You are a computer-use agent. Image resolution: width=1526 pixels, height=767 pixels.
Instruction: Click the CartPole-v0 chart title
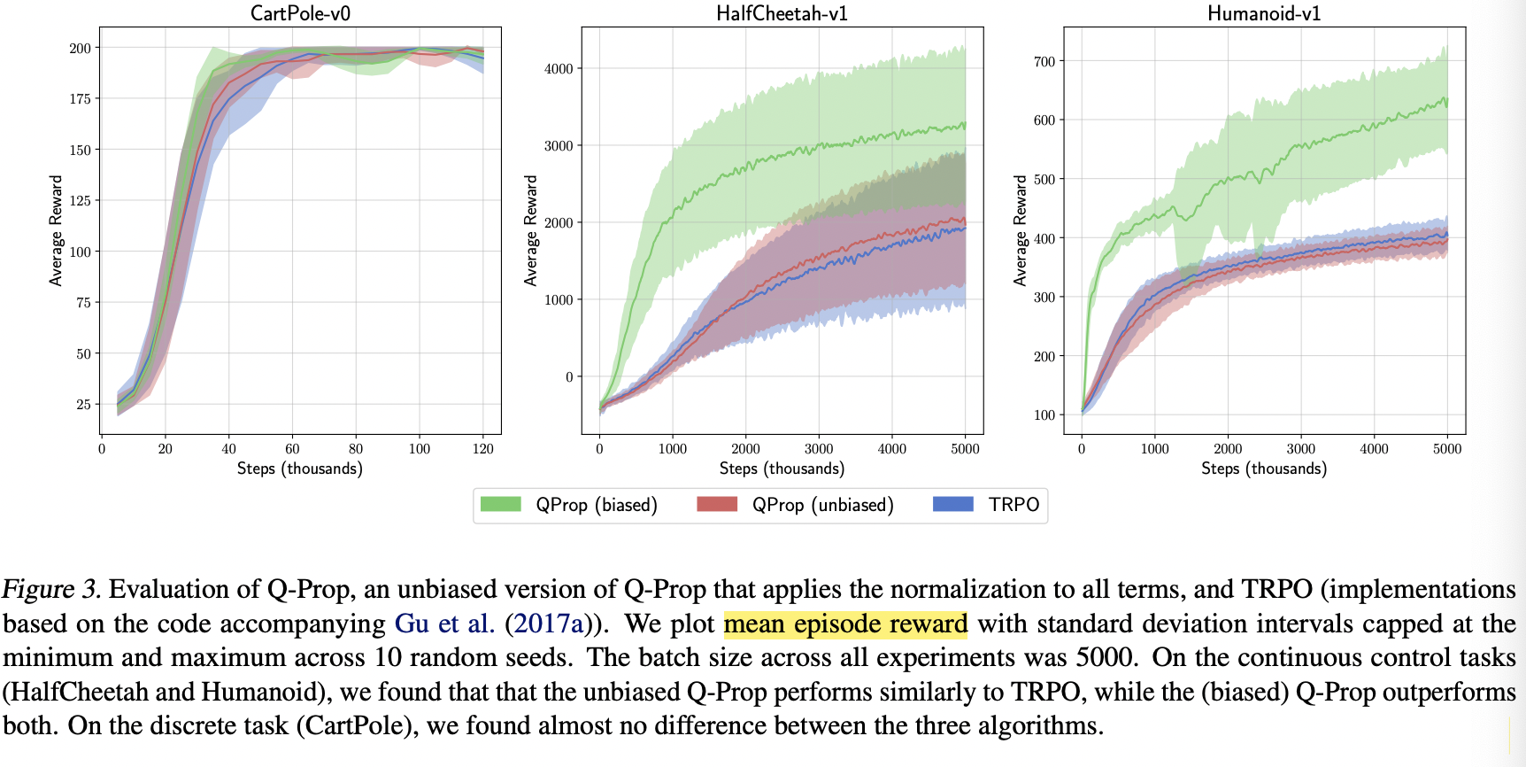300,13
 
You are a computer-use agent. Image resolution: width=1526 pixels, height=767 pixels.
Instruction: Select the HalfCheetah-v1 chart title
782,13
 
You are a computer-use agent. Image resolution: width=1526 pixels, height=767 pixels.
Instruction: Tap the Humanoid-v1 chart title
1263,13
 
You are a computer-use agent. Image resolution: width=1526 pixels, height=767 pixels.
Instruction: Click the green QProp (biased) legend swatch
500,504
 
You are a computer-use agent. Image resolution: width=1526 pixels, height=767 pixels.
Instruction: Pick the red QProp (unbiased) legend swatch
717,504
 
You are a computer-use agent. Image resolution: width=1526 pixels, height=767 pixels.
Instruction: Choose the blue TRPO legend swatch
953,504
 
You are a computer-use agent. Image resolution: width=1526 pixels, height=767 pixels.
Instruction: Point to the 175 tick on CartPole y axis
81,98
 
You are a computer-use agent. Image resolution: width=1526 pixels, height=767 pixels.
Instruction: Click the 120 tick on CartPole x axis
483,449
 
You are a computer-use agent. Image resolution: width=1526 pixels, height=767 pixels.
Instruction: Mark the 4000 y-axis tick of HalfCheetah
559,68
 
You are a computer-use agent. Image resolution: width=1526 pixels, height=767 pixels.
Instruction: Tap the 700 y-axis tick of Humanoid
1044,61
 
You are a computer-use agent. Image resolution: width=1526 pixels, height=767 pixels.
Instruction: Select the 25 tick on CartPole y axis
83,404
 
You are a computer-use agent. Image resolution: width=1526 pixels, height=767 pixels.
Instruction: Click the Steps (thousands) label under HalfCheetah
782,469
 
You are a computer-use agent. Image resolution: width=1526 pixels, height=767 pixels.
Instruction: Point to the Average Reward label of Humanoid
1021,230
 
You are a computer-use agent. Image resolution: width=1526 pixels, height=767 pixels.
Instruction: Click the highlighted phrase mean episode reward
845,624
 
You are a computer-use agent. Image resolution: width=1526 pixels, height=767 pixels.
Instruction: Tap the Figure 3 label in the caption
51,590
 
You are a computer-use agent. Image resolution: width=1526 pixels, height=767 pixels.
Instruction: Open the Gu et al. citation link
443,624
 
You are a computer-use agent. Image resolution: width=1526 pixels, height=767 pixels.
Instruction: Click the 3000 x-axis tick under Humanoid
1301,449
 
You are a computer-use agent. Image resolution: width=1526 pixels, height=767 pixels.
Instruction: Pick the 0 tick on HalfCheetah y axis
570,376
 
